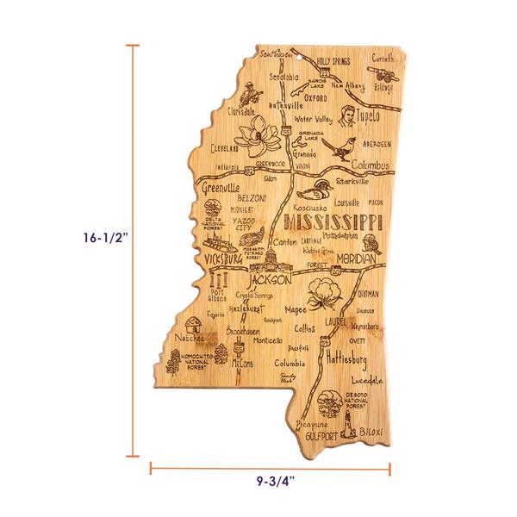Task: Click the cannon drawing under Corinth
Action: point(381,76)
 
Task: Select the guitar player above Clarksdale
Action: point(247,89)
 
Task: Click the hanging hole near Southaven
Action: point(304,59)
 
